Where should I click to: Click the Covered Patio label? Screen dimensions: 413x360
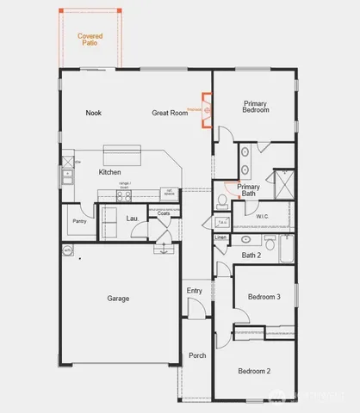[x=90, y=39]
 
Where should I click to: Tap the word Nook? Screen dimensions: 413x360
[x=94, y=113]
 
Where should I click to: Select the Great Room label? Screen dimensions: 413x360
[x=170, y=113]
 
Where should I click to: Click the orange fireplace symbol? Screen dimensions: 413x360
[x=207, y=110]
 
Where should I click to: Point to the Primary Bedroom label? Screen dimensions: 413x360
[x=255, y=107]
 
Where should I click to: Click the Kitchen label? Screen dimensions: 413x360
[x=110, y=173]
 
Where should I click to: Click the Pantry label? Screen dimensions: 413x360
[x=79, y=220]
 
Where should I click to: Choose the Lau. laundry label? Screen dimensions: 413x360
[x=133, y=219]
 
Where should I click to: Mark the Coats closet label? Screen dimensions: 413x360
[x=163, y=213]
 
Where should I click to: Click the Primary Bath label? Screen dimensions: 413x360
[x=248, y=190]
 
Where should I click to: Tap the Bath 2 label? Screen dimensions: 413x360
[x=251, y=255]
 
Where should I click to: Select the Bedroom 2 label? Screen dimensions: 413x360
[x=256, y=371]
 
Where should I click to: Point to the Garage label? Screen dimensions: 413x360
[x=118, y=299]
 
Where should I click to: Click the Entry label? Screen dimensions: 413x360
[x=195, y=291]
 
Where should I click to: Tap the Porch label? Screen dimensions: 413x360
[x=197, y=354]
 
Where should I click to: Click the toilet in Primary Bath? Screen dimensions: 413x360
[x=223, y=200]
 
